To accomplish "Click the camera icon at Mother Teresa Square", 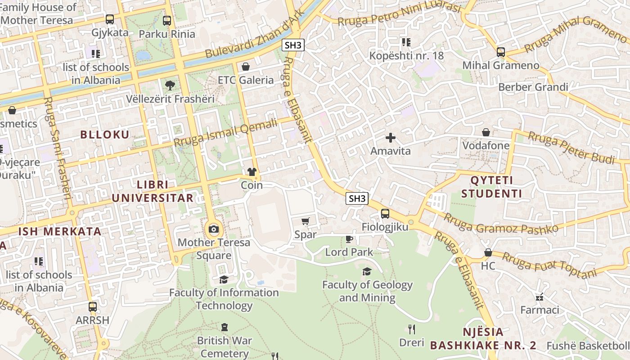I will [214, 229].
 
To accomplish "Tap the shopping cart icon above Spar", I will [306, 221].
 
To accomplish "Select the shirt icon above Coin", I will [252, 172].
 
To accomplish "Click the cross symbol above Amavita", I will [390, 137].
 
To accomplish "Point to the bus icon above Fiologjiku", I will [385, 214].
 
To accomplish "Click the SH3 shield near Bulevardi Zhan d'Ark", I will [294, 45].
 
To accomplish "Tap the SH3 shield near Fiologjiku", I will [357, 198].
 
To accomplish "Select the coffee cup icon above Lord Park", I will [349, 239].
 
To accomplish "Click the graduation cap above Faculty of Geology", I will [367, 271].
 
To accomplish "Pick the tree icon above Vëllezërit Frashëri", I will [170, 85].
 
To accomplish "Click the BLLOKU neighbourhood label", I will [104, 135].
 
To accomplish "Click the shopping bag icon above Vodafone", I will [486, 132].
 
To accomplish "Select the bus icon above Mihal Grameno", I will [501, 52].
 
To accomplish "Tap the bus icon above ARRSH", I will [92, 307].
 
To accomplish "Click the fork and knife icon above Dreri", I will [411, 329].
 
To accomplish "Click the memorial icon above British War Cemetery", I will [225, 327].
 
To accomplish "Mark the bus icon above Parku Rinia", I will [167, 20].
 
